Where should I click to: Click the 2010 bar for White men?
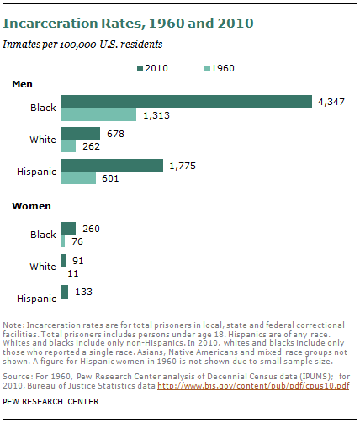[80, 133]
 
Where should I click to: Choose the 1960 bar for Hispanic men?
[78, 177]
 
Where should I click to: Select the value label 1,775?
[184, 165]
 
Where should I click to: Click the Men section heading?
[23, 84]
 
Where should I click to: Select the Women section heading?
[30, 205]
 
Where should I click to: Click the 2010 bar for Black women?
[68, 228]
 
